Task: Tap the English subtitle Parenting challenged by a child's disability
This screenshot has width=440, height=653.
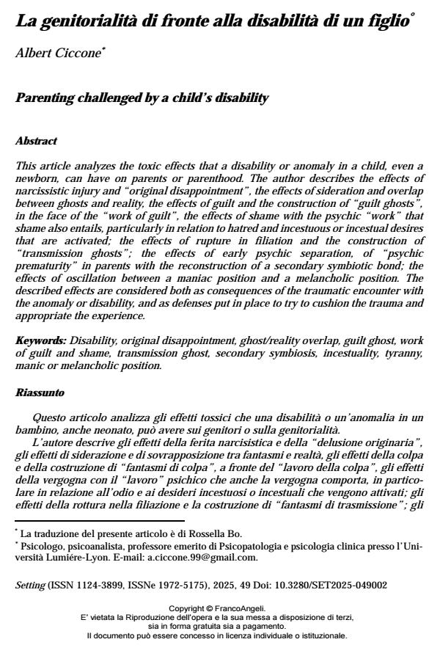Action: click(x=142, y=98)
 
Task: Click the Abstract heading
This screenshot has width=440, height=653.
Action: click(x=36, y=140)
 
